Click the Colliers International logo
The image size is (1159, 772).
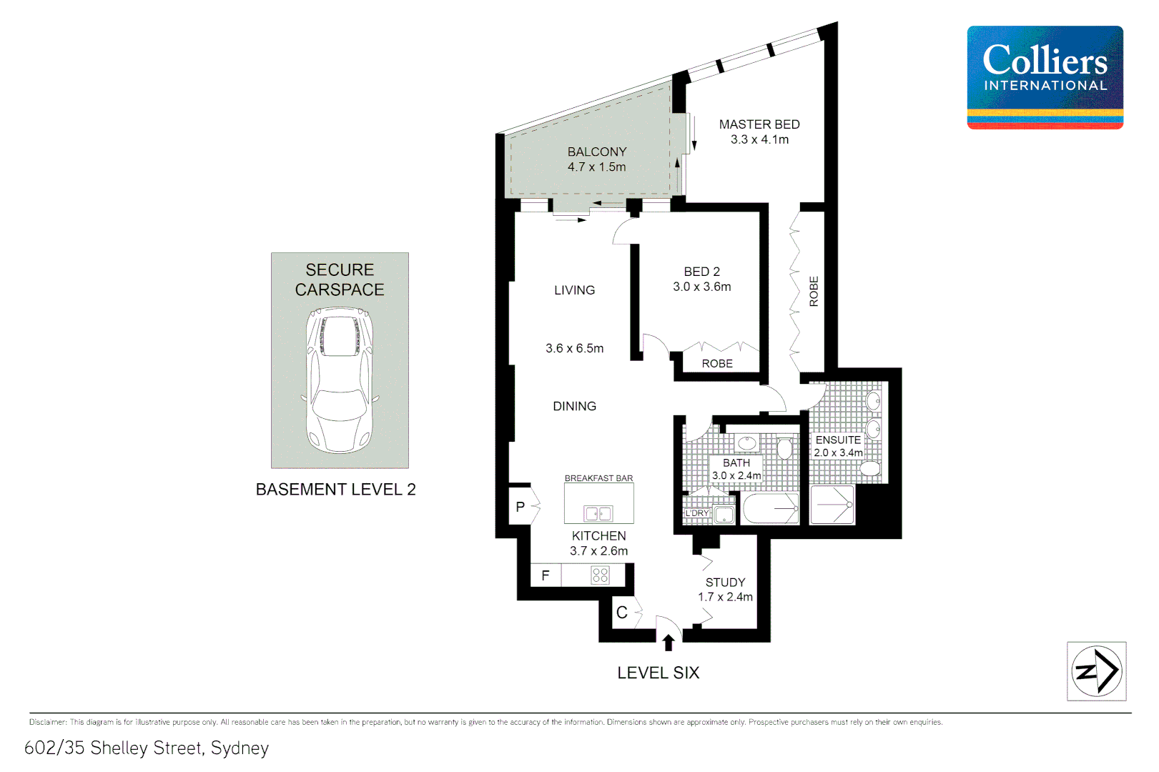coord(1045,77)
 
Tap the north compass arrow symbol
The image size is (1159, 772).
coord(1096,671)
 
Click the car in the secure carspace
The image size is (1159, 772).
coord(340,380)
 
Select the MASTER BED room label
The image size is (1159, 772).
coord(759,124)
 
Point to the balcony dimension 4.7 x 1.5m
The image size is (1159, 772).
coord(596,167)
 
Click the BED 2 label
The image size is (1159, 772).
coord(701,272)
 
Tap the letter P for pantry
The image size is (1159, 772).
coord(521,507)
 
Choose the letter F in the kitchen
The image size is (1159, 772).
coord(546,575)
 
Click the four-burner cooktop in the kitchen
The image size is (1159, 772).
coord(600,575)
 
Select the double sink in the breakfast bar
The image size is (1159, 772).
coord(598,513)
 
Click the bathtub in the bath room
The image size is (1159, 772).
coord(771,509)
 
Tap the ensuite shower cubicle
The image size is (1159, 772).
coord(832,505)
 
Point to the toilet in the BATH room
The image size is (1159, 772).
coord(785,448)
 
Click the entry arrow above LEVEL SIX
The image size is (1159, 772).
coord(669,643)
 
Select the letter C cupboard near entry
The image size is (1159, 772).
coord(622,613)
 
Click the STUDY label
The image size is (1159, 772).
coord(725,583)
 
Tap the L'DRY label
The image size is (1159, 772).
coord(697,513)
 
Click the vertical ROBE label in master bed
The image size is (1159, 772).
coord(814,291)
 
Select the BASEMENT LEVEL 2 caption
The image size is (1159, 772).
coord(335,490)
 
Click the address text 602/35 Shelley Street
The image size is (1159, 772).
coord(147,748)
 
